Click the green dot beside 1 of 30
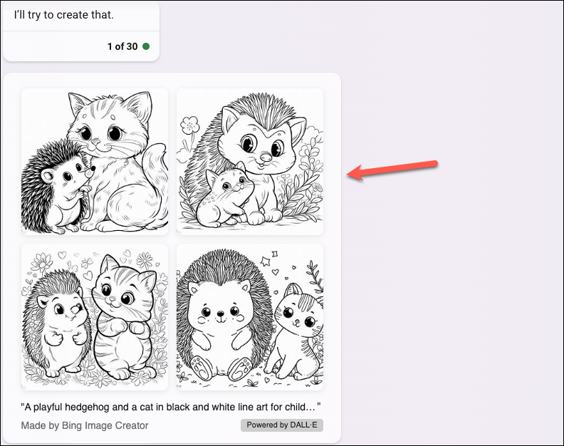click(x=146, y=46)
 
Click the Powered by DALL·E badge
click(x=282, y=425)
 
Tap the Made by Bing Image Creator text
click(x=85, y=425)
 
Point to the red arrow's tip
click(x=347, y=175)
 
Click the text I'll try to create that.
click(x=63, y=15)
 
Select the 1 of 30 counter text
click(x=122, y=46)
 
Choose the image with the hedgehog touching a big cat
click(x=95, y=162)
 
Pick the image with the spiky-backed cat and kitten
click(x=250, y=162)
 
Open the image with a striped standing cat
click(x=95, y=317)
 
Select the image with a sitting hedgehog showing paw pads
click(x=250, y=317)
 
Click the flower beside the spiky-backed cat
click(x=189, y=125)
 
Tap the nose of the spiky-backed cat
click(x=266, y=157)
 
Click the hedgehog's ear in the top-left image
click(x=47, y=177)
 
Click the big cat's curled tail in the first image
click(x=155, y=169)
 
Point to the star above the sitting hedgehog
click(x=265, y=261)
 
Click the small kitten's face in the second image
click(x=229, y=184)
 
